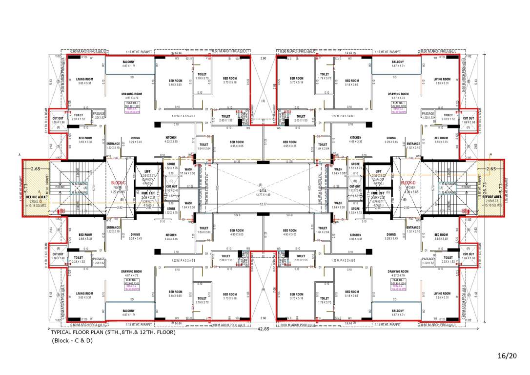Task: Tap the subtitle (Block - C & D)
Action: point(72,340)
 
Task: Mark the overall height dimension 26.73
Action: point(485,186)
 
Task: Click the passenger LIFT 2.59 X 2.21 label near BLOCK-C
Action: point(147,173)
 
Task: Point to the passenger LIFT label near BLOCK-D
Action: point(378,173)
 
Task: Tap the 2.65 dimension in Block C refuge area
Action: point(36,168)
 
